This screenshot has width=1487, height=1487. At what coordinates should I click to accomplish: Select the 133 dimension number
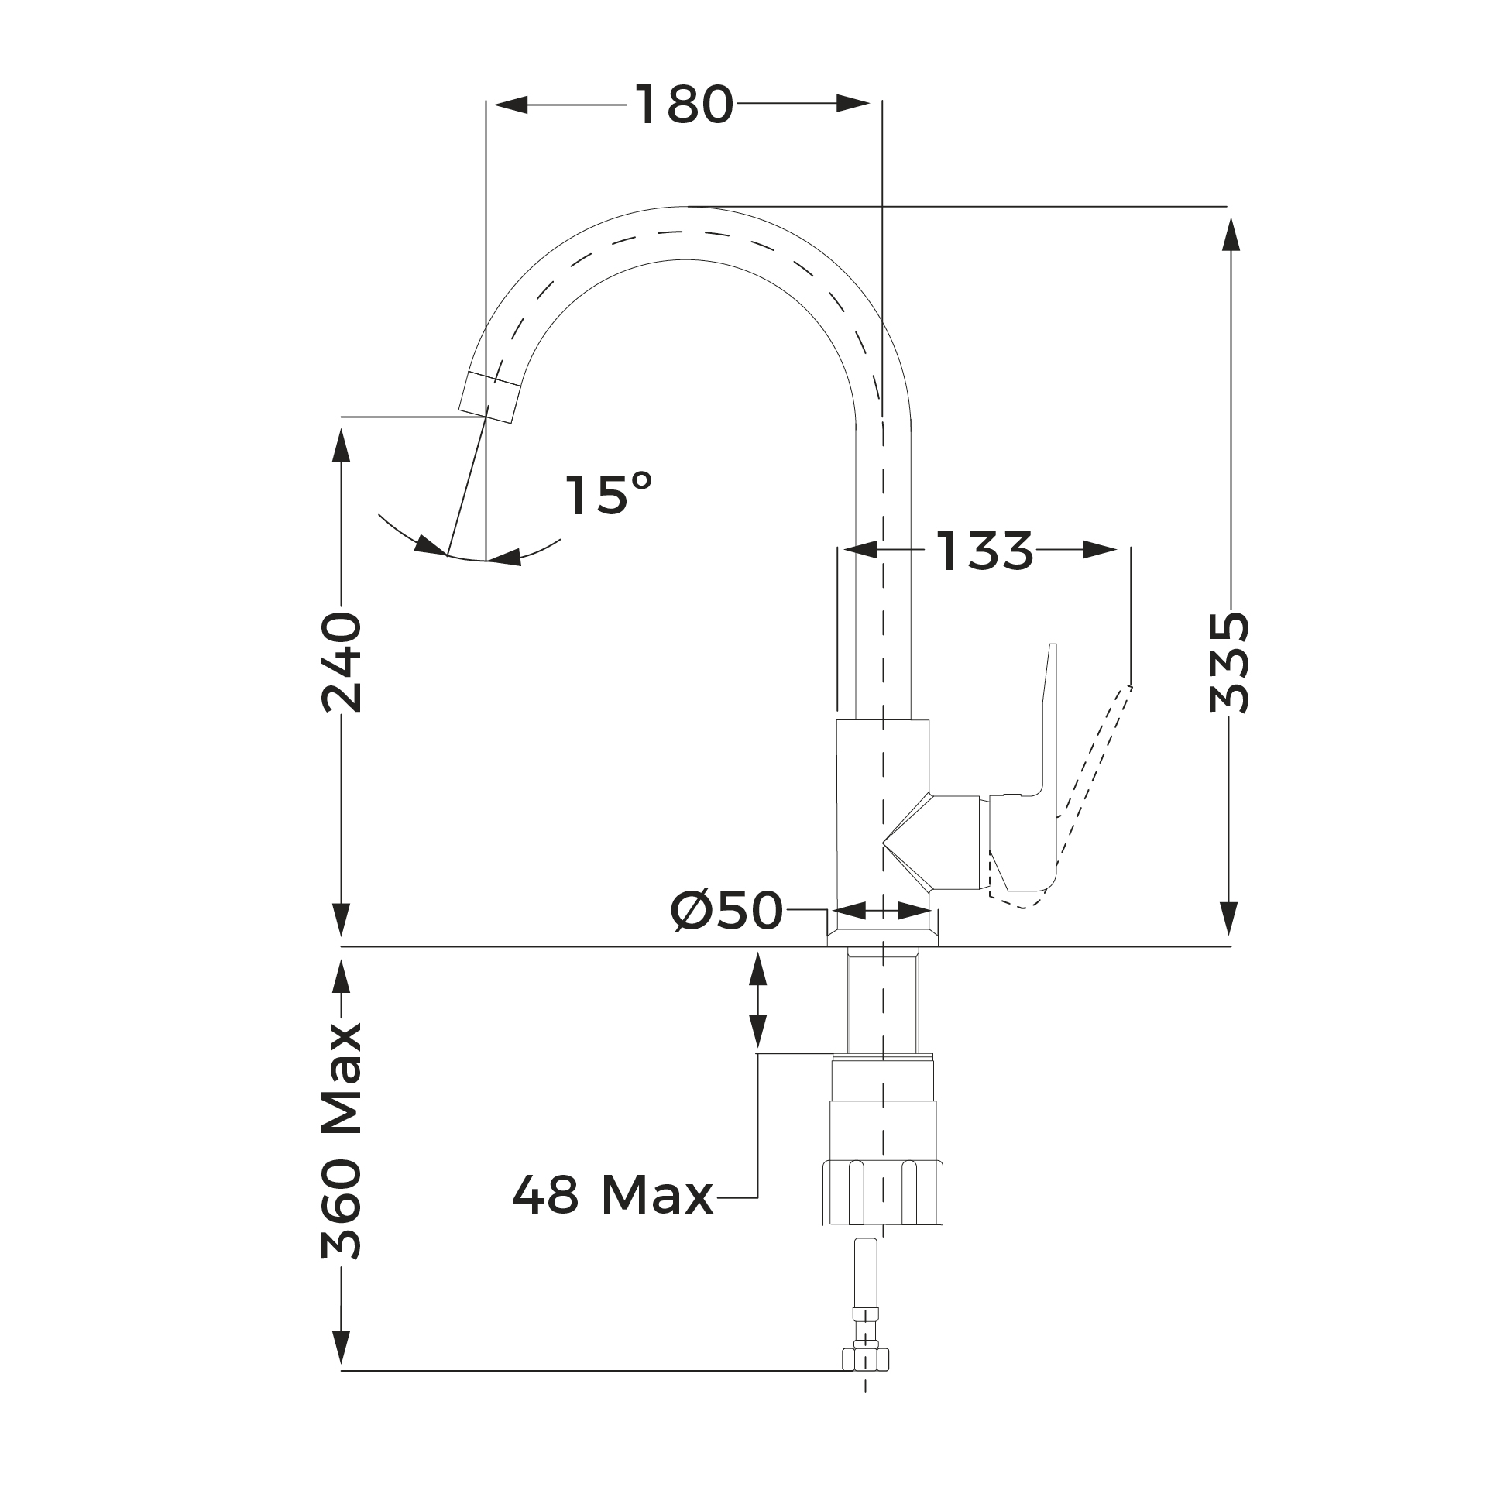coord(984,551)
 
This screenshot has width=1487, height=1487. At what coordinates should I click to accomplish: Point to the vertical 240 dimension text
coord(342,662)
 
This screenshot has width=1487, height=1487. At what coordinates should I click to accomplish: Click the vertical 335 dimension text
coord(1228,662)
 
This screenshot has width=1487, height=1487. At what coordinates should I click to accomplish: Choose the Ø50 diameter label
coord(727,910)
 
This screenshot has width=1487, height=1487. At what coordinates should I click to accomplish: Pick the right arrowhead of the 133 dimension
coord(1100,551)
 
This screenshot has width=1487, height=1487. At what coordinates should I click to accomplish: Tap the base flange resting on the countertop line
coord(882,929)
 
